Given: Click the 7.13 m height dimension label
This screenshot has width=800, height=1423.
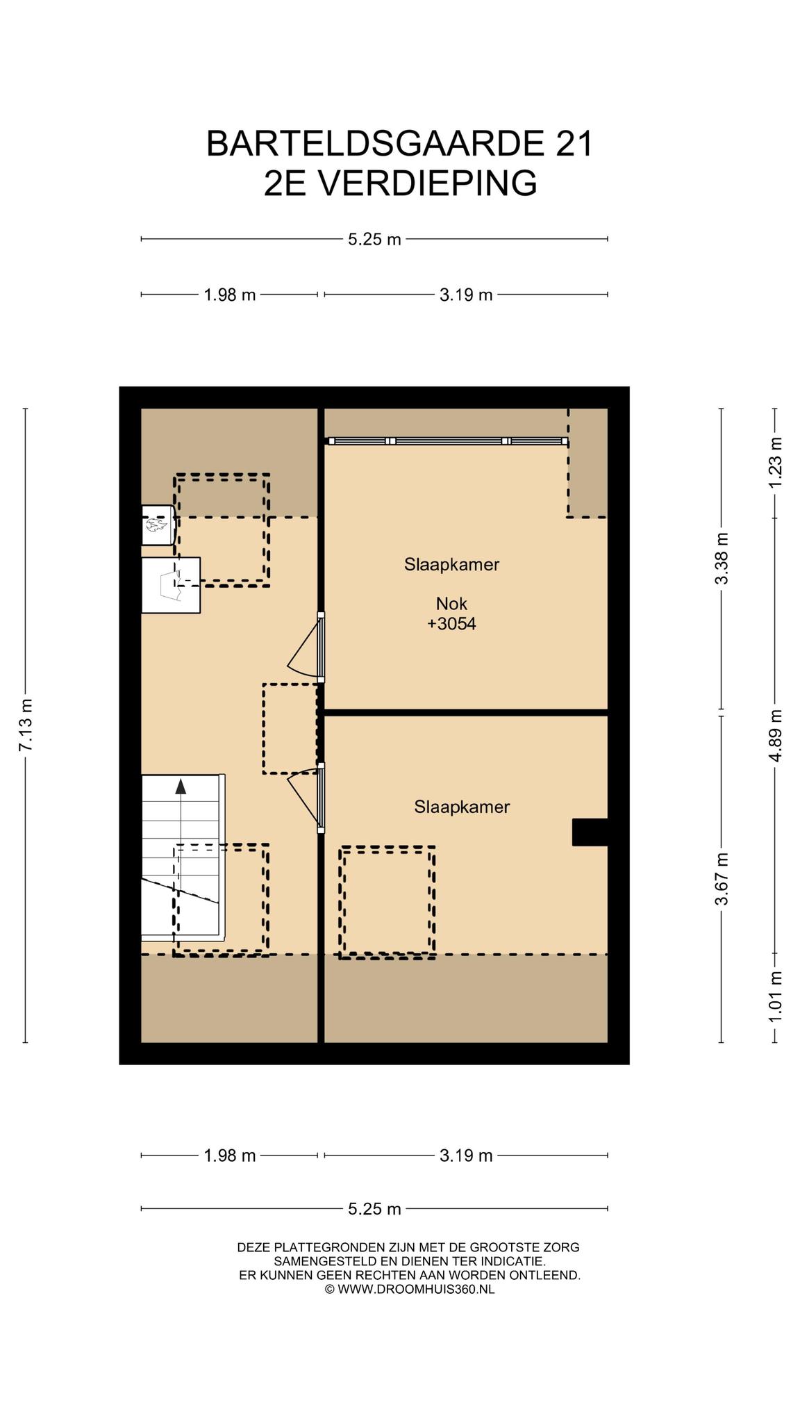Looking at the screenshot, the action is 26,725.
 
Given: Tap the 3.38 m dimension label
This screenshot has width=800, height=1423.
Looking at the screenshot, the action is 722,559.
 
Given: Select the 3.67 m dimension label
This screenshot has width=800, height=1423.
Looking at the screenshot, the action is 722,879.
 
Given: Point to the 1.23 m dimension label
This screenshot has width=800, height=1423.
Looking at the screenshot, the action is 775,462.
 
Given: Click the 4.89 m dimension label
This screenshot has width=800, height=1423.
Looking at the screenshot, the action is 775,735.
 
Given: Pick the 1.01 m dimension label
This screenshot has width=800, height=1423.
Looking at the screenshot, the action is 775,996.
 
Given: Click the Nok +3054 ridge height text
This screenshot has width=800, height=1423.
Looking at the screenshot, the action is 451,614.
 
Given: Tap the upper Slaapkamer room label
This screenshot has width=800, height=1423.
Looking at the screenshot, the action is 451,564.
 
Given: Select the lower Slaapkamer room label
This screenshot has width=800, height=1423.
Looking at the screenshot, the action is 462,807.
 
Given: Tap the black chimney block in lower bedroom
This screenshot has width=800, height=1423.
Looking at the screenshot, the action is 590,832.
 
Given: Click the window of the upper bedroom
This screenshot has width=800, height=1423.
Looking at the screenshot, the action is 448,441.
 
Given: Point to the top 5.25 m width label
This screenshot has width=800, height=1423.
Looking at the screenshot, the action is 375,240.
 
